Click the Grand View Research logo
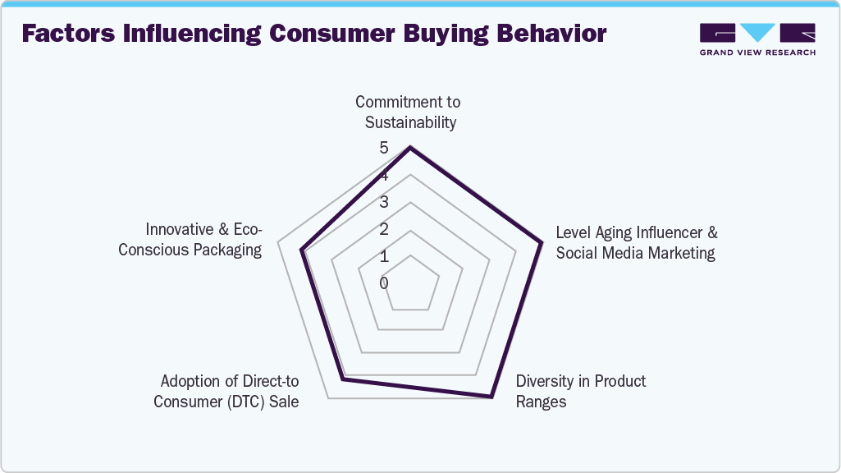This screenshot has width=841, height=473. (x=756, y=39)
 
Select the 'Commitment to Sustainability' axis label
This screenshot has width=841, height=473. (x=408, y=113)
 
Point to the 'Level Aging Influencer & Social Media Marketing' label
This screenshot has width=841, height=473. (x=636, y=243)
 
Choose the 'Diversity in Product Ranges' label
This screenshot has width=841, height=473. (x=580, y=392)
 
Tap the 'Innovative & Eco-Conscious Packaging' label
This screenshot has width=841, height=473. (x=190, y=239)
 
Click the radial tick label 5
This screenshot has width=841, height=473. (x=384, y=149)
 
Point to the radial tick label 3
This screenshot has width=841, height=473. (x=384, y=203)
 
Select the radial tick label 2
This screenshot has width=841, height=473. (x=384, y=229)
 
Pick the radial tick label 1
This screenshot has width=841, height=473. (x=384, y=256)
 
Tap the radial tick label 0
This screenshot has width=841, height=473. (x=384, y=283)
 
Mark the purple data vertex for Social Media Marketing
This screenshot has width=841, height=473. (x=542, y=242)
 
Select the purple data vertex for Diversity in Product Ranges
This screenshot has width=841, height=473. (x=491, y=397)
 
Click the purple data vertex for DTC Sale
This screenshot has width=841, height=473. (x=343, y=379)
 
